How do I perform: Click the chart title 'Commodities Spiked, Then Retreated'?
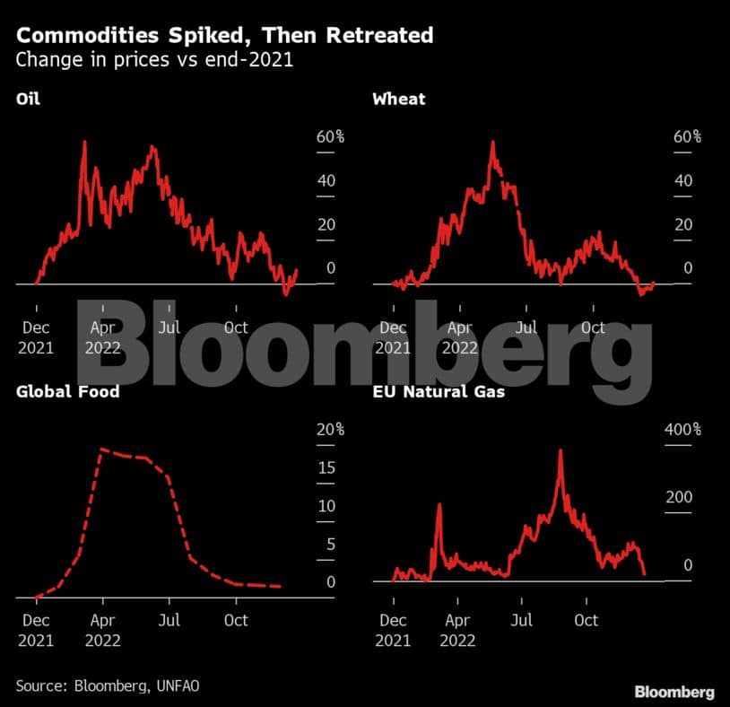click(x=224, y=36)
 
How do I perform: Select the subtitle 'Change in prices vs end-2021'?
click(x=156, y=61)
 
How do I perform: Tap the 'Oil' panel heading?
click(x=28, y=99)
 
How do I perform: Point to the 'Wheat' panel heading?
click(x=399, y=99)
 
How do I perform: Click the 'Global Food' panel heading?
click(x=67, y=391)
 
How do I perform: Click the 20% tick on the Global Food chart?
click(x=329, y=430)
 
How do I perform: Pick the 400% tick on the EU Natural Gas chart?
click(x=682, y=430)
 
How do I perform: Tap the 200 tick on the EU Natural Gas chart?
click(x=680, y=497)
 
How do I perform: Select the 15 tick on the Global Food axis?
click(x=327, y=468)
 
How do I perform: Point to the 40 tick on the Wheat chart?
click(x=683, y=180)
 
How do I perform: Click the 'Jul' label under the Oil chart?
click(x=169, y=327)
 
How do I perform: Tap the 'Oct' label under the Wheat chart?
click(x=593, y=327)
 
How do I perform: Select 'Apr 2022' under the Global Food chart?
click(x=102, y=631)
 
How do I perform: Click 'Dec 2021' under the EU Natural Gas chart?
click(x=393, y=631)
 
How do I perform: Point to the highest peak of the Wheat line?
click(x=492, y=143)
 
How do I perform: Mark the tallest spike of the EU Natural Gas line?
click(x=561, y=450)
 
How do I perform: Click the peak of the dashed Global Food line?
click(x=102, y=449)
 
